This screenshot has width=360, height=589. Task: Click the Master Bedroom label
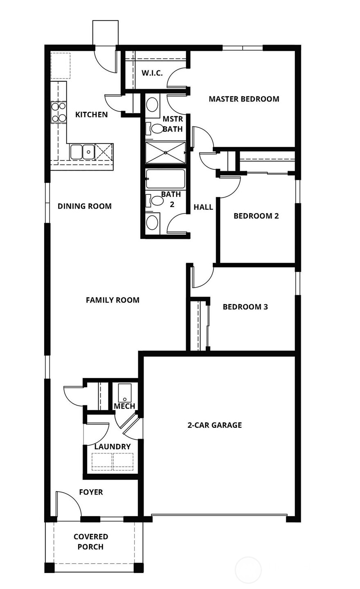[x=244, y=99]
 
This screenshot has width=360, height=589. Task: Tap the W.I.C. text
[x=152, y=73]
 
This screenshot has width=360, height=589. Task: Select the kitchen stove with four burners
[x=59, y=112]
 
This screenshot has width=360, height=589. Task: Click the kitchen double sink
[x=82, y=151]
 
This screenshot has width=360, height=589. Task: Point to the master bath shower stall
[x=165, y=153]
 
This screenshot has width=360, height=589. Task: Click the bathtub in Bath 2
[x=166, y=179]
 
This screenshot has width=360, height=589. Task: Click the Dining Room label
[x=84, y=206]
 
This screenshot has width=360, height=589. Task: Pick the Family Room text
[x=112, y=300]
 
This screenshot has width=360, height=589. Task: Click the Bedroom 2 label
[x=256, y=216]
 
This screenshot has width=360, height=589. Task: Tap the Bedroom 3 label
[x=245, y=307]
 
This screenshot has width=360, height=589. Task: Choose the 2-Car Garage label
[x=214, y=425]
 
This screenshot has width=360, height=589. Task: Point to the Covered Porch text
[x=90, y=542]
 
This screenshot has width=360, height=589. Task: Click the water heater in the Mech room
[x=125, y=393]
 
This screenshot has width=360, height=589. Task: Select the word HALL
[x=203, y=207]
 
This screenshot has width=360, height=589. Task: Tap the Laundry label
[x=112, y=447]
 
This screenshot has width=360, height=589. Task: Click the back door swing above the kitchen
[x=106, y=60]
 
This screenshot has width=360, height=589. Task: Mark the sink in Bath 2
[x=153, y=223]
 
